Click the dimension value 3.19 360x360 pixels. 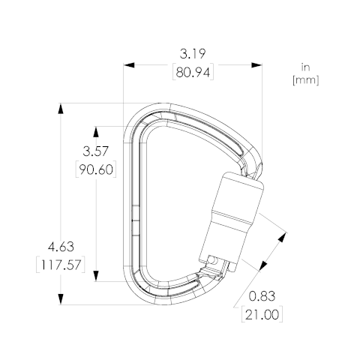pyautogui.click(x=193, y=54)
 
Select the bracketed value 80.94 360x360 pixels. pyautogui.click(x=193, y=73)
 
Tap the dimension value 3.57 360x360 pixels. pyautogui.click(x=96, y=151)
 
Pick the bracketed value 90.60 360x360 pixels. pyautogui.click(x=96, y=170)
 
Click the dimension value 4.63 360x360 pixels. pyautogui.click(x=61, y=247)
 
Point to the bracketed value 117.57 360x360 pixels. pyautogui.click(x=61, y=265)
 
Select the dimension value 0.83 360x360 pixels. pyautogui.click(x=262, y=296)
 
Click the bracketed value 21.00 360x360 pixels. pyautogui.click(x=262, y=314)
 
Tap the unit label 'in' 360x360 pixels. pyautogui.click(x=305, y=67)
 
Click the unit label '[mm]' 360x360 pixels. pyautogui.click(x=306, y=80)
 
